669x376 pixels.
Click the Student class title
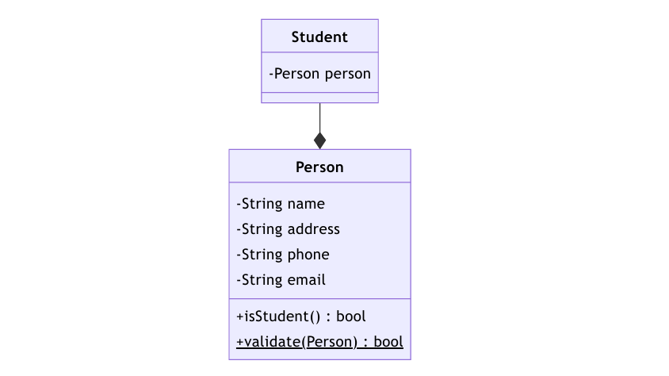(319, 37)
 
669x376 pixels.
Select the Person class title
(319, 167)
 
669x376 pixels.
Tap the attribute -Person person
(319, 74)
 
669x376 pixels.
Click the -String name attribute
(281, 204)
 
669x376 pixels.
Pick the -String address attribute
(288, 229)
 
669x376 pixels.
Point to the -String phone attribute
(283, 255)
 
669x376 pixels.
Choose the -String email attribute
(281, 280)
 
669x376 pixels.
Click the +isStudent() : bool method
(300, 317)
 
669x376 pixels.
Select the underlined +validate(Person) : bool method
(319, 342)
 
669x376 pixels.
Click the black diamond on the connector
(320, 140)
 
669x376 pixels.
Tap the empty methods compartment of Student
(319, 98)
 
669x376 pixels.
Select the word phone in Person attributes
(308, 255)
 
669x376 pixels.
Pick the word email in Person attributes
(306, 280)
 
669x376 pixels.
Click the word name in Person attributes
(306, 205)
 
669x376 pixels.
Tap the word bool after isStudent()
(351, 317)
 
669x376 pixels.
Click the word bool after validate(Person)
(388, 342)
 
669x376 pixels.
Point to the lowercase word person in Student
(347, 75)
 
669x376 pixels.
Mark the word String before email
(262, 280)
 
